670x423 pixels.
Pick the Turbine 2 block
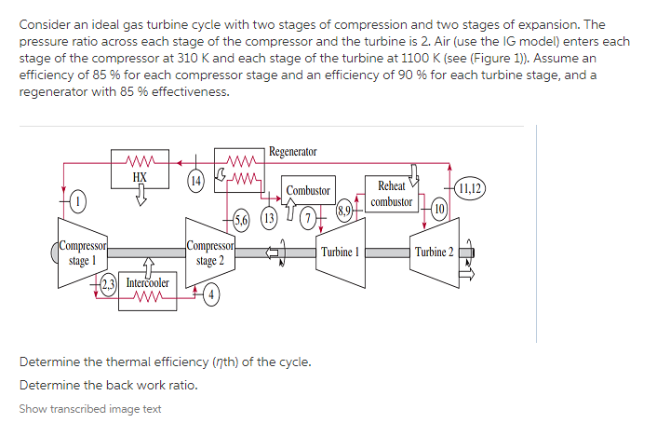pos(434,252)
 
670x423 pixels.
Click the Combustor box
pos(308,190)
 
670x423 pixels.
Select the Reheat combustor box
pos(391,194)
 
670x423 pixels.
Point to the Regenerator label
pos(292,151)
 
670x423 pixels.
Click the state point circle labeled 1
pos(79,199)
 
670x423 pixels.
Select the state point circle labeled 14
pos(195,180)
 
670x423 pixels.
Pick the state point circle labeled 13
pos(269,220)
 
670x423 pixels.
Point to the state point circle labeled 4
pos(213,297)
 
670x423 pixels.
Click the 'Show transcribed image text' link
pos(89,409)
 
